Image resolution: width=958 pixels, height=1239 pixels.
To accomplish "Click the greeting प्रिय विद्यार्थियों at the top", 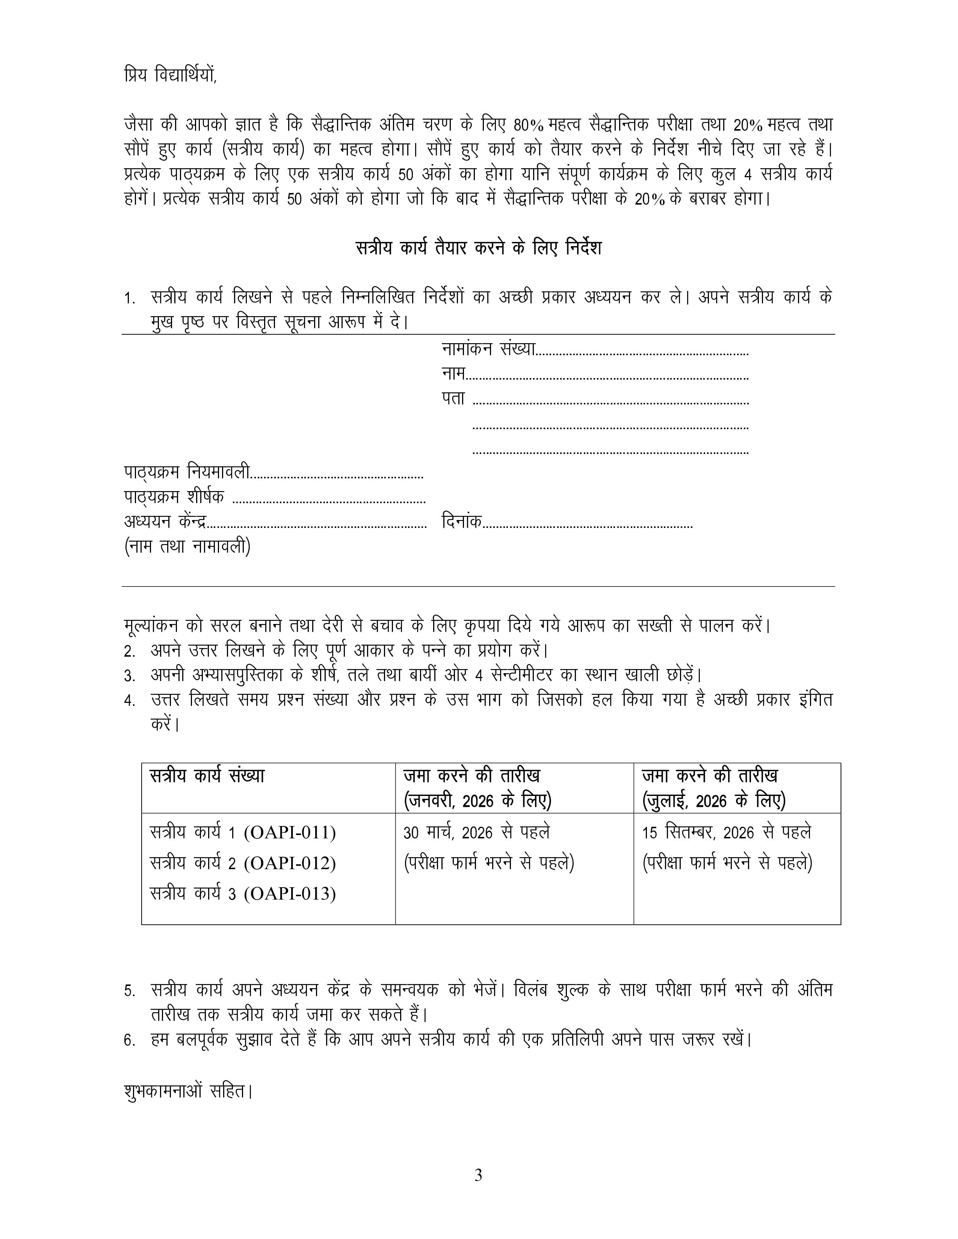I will pyautogui.click(x=170, y=75).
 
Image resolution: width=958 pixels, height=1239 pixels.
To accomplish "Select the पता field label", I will pyautogui.click(x=453, y=399).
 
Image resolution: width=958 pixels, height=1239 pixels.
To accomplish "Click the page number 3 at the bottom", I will pyautogui.click(x=478, y=1176).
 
